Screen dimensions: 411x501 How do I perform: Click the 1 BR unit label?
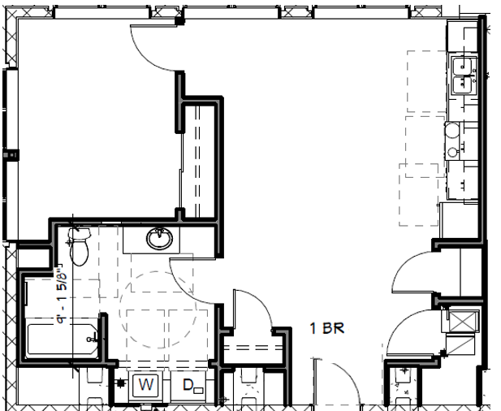329,329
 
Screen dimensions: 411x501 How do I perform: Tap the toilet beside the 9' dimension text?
79,248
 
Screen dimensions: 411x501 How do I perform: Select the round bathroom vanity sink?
159,240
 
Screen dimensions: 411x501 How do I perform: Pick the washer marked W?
146,383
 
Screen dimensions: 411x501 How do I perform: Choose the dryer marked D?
188,383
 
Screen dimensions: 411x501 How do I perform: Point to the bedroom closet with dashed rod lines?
199,158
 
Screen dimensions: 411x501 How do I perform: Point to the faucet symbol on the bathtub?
97,335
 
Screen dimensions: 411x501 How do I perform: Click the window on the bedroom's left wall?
9,154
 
